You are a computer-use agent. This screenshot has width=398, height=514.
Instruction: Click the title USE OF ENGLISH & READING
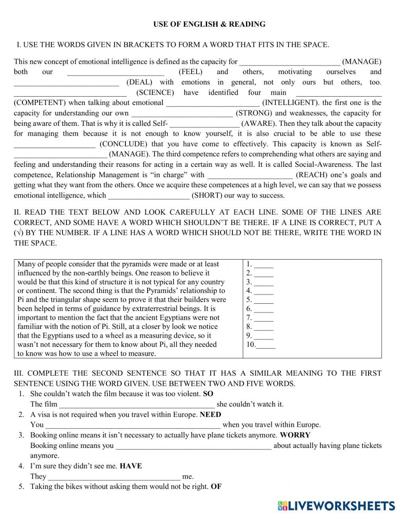click(x=209, y=24)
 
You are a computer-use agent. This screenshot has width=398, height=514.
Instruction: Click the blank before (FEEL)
click(x=115, y=73)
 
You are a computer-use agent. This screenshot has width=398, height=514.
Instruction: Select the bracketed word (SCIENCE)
click(x=155, y=93)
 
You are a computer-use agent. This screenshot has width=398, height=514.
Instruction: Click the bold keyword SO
click(x=208, y=394)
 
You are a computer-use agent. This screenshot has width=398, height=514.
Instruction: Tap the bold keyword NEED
click(x=211, y=414)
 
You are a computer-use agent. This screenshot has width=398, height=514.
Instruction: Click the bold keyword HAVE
click(x=131, y=466)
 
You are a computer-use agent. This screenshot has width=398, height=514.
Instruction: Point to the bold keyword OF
click(x=216, y=487)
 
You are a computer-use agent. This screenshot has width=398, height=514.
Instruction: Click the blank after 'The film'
click(x=137, y=405)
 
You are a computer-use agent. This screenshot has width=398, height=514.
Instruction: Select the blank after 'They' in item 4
click(x=114, y=477)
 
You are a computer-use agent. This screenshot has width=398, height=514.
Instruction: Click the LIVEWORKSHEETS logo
click(x=336, y=506)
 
